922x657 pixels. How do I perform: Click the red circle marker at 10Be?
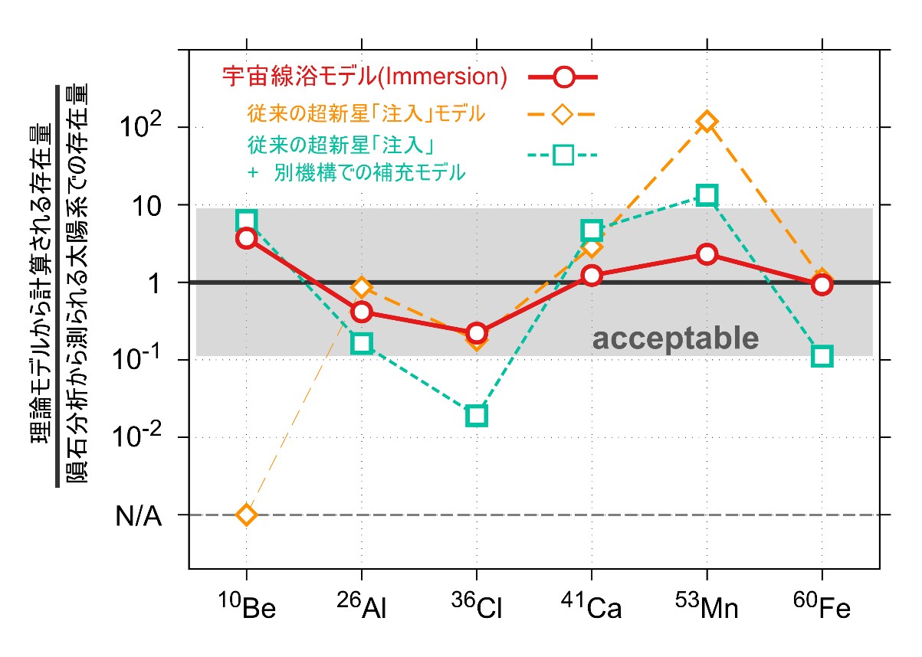coord(246,238)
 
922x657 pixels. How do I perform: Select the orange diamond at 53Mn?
coord(707,122)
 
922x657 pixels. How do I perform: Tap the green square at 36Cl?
coord(477,416)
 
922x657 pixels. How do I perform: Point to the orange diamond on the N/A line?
coord(246,515)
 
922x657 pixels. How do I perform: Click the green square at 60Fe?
coord(822,355)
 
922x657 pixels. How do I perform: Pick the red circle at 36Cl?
coord(477,332)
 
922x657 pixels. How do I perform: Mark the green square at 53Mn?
coord(707,195)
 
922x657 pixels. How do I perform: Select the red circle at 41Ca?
coord(592,276)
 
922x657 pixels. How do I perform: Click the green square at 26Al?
coord(362,343)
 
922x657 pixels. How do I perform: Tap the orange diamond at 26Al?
coord(362,288)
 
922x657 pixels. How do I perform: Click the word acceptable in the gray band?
coord(675,338)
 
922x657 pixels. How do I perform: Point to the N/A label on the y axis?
coord(139,515)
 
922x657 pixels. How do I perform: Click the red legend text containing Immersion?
coord(365,77)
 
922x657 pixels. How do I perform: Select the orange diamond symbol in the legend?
coord(563,114)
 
